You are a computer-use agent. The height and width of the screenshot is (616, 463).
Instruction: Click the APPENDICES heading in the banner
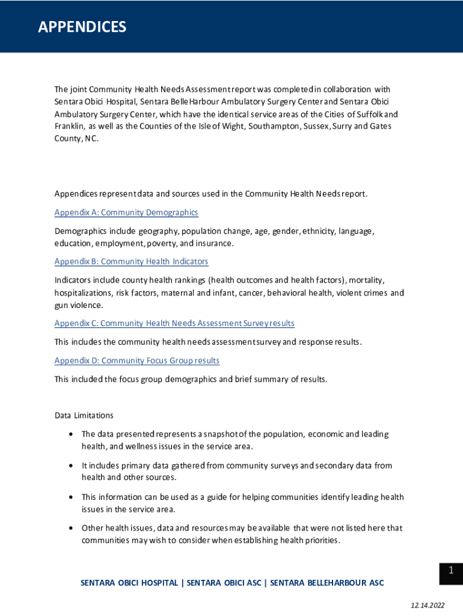[x=82, y=27]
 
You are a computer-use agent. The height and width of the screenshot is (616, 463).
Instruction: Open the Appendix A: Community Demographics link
[x=126, y=212]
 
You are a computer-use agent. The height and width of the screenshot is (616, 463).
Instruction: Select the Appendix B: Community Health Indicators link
[x=131, y=261]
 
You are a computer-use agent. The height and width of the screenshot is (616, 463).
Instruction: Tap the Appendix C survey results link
[x=174, y=323]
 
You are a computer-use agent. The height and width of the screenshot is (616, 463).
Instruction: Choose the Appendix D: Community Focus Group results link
[x=137, y=360]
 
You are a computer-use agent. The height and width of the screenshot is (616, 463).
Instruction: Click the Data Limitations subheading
[x=84, y=415]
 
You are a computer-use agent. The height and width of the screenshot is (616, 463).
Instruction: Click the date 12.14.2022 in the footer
[x=428, y=605]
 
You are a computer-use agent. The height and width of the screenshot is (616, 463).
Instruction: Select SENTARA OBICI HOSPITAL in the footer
[x=129, y=582]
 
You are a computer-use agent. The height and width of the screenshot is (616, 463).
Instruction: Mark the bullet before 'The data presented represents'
[x=72, y=434]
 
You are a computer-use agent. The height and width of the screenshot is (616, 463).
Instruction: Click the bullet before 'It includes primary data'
[x=72, y=466]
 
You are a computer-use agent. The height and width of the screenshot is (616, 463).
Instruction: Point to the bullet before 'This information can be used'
[x=72, y=497]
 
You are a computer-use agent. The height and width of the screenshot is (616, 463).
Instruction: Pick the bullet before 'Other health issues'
[x=72, y=528]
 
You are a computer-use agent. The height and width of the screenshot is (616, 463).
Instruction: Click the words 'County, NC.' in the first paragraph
[x=76, y=138]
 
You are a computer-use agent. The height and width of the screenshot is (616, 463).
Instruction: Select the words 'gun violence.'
[x=79, y=305]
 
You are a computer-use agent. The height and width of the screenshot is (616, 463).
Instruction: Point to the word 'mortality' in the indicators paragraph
[x=366, y=280]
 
